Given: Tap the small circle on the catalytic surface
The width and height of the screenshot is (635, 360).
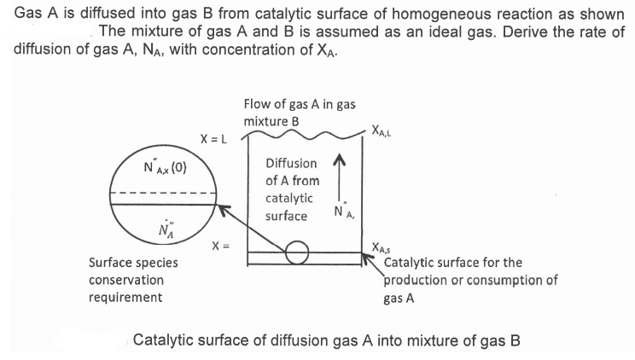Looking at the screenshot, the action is (296, 252).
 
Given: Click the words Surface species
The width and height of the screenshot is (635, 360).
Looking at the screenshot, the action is (133, 263).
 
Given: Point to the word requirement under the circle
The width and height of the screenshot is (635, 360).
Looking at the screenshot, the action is (125, 297).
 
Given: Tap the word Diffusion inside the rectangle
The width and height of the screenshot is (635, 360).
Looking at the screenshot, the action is (291, 163).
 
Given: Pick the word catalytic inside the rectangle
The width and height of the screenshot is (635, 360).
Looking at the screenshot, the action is (288, 198).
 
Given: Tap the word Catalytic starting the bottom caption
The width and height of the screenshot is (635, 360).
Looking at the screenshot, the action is (164, 340).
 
